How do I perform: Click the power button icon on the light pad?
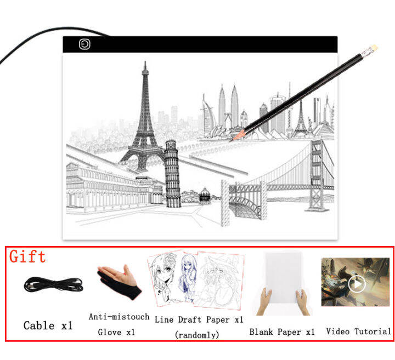[x=84, y=44]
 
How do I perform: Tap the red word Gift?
[x=27, y=256]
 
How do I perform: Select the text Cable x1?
[x=48, y=325]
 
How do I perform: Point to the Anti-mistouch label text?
[x=119, y=317]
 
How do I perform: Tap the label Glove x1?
[x=116, y=332]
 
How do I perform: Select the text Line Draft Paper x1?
[x=199, y=319]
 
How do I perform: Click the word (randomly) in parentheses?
[x=196, y=334]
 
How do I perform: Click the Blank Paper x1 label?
[x=282, y=332]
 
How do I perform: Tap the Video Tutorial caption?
[x=358, y=332]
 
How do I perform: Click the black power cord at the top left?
[x=22, y=44]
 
